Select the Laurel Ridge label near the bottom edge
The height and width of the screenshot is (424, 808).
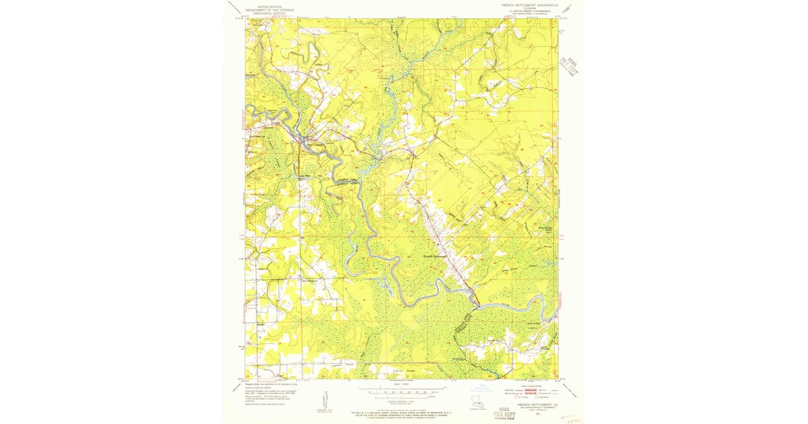pos(402,371)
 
